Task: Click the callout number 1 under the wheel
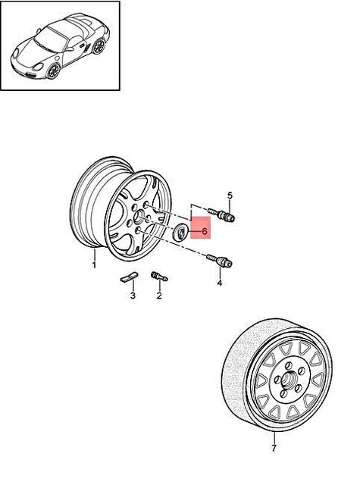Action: [94, 264]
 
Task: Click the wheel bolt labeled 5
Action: [224, 215]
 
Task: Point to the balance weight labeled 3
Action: [130, 277]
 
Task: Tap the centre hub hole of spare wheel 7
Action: [286, 380]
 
